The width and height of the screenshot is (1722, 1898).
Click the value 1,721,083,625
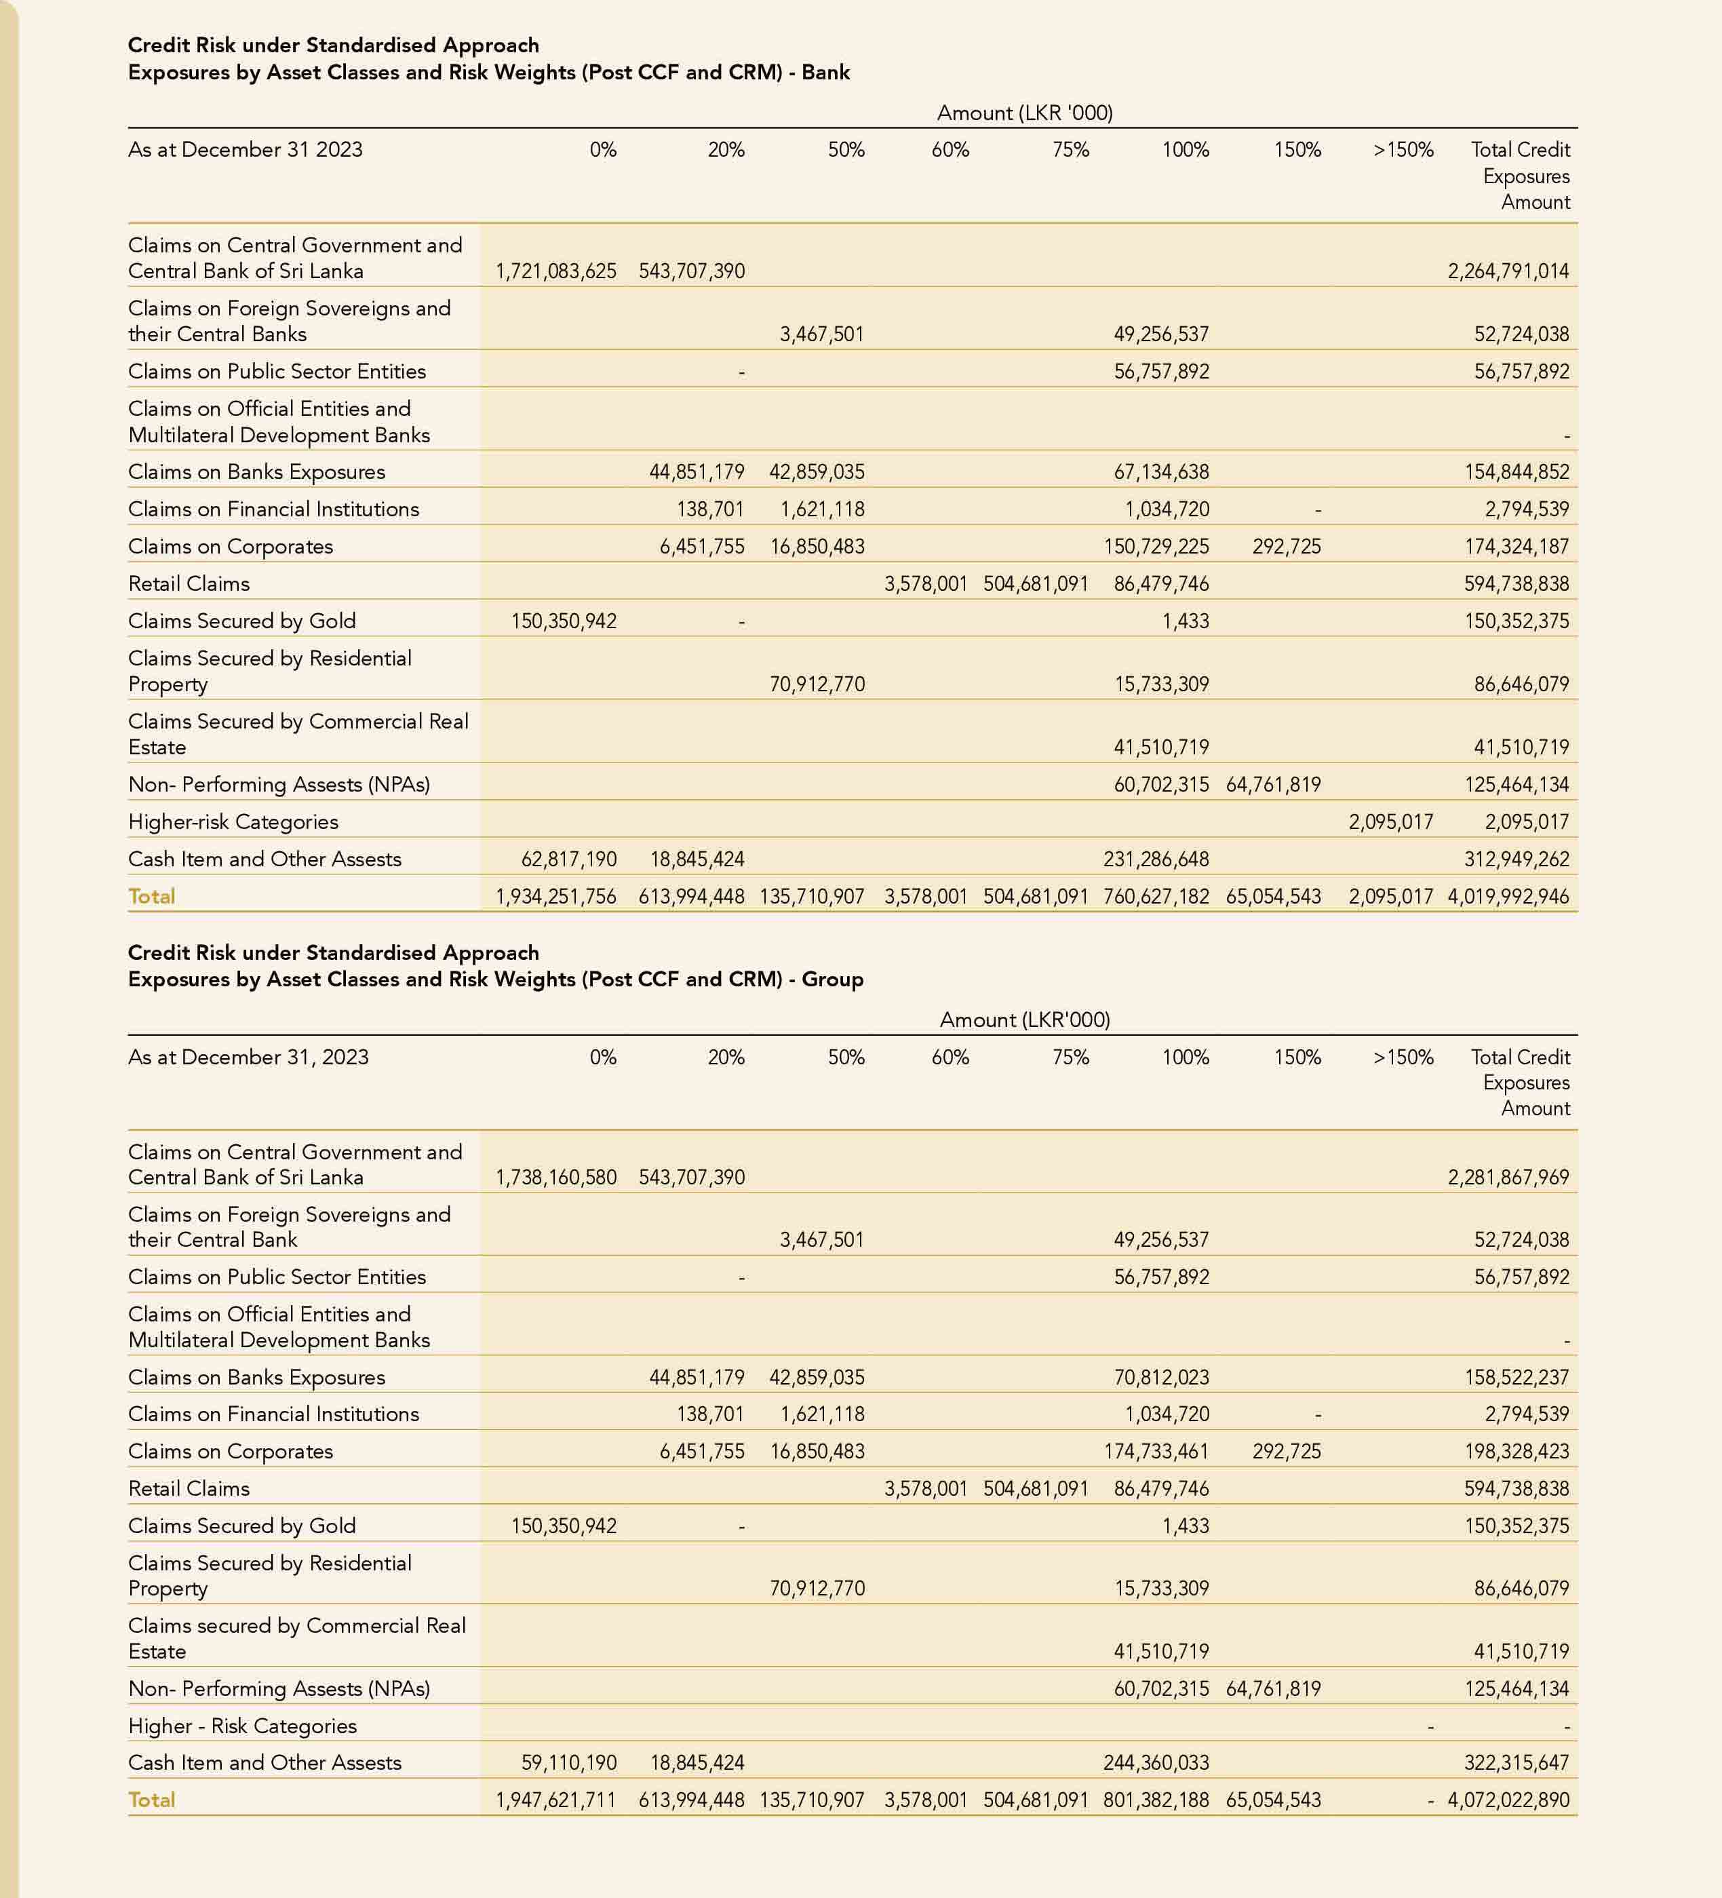tap(555, 271)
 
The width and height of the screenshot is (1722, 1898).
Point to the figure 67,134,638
tap(1161, 471)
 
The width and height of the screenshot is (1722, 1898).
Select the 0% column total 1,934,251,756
tap(555, 896)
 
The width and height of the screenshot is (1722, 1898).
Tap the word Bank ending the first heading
tap(825, 73)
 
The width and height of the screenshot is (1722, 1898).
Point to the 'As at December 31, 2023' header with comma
tap(248, 1058)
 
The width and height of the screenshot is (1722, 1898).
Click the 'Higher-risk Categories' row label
tap(233, 822)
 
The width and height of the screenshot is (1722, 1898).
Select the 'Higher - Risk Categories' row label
tap(243, 1726)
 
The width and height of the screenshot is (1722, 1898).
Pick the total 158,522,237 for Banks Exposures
tap(1516, 1377)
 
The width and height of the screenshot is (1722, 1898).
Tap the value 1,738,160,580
tap(555, 1177)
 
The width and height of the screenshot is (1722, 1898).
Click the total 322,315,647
tap(1516, 1762)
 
